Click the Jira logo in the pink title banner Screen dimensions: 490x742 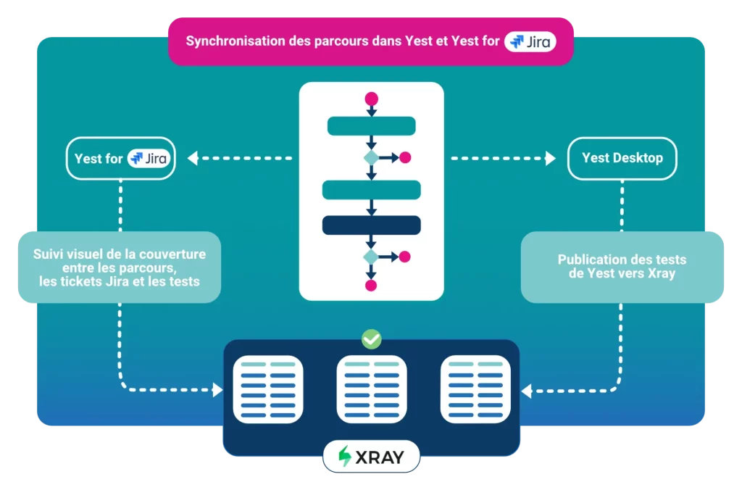point(531,41)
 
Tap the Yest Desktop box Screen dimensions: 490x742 point(622,158)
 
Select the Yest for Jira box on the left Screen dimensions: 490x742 point(121,158)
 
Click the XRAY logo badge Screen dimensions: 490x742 point(371,457)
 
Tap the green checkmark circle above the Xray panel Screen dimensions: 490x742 point(371,339)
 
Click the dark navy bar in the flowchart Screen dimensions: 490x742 point(371,225)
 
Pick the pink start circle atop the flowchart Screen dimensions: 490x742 point(371,99)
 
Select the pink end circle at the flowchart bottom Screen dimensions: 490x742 point(371,285)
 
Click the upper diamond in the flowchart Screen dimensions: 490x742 point(371,157)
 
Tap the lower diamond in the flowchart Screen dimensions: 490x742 point(371,257)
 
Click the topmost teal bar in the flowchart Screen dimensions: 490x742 point(371,126)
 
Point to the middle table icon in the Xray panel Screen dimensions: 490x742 point(372,389)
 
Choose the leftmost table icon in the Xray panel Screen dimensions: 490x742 point(267,389)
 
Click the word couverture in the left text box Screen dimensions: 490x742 point(172,254)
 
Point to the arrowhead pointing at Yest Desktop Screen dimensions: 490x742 point(551,158)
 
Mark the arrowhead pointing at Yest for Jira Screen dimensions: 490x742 point(192,158)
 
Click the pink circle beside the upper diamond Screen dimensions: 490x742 point(405,157)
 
